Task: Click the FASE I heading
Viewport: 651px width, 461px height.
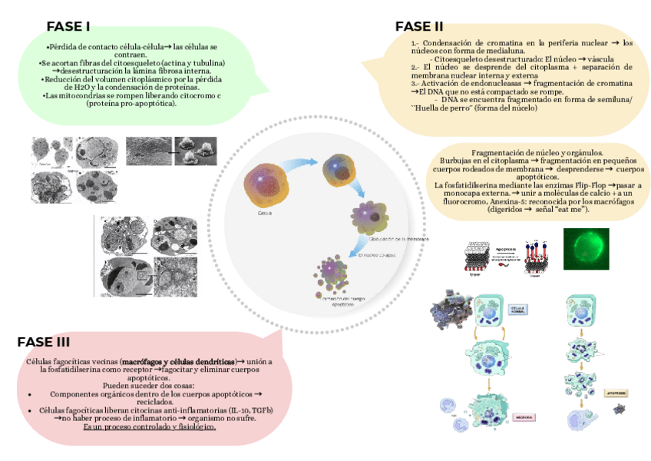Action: pyautogui.click(x=68, y=27)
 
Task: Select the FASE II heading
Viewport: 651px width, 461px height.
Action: pyautogui.click(x=419, y=27)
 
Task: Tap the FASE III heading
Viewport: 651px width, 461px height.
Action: pyautogui.click(x=44, y=342)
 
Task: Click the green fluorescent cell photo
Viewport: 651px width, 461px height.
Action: pyautogui.click(x=586, y=249)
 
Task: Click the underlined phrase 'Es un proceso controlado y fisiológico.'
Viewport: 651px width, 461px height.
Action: pyautogui.click(x=149, y=426)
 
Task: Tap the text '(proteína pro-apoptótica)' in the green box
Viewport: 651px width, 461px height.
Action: pyautogui.click(x=132, y=104)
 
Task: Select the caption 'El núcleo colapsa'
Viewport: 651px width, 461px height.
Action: pyautogui.click(x=376, y=254)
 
